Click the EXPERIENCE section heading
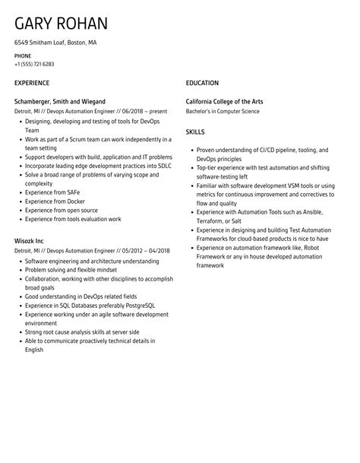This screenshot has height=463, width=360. point(32,82)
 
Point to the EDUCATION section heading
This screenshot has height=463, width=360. point(202,82)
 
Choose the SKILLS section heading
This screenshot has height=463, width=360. point(195,132)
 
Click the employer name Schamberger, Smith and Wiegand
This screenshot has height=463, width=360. point(59,101)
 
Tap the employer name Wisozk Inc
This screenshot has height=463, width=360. point(30,239)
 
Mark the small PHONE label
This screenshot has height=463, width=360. point(23,55)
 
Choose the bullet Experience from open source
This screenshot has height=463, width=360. point(62,210)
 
